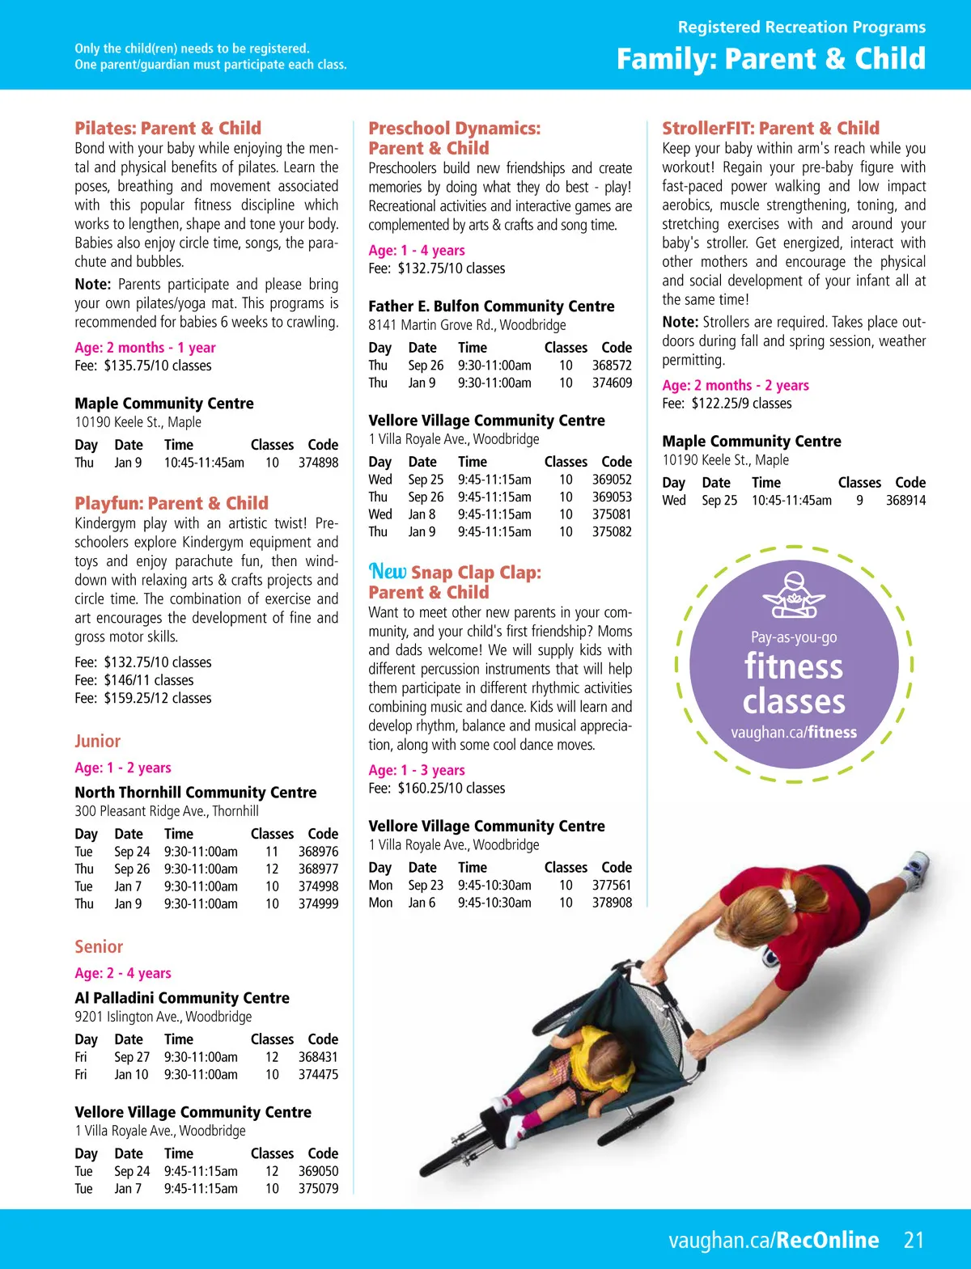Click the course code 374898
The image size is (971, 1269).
point(318,463)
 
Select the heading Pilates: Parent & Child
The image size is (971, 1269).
point(167,128)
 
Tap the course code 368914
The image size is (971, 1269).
point(905,501)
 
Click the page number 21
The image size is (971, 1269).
point(914,1240)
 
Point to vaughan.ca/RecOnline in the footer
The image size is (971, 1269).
point(774,1240)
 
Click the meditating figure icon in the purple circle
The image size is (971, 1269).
point(794,595)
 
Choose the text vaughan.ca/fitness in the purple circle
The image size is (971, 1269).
point(794,733)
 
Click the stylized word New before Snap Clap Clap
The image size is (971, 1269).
point(388,572)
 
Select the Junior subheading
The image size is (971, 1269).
point(97,741)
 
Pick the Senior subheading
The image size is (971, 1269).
point(99,946)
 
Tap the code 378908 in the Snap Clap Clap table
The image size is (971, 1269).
point(612,903)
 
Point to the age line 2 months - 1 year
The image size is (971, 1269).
point(145,348)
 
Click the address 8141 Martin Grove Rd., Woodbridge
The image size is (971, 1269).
point(467,325)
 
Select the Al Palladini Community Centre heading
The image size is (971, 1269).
point(182,998)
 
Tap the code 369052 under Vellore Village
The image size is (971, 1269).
point(612,480)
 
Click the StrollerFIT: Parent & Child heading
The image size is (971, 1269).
point(770,128)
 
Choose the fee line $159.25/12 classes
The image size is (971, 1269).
point(143,698)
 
